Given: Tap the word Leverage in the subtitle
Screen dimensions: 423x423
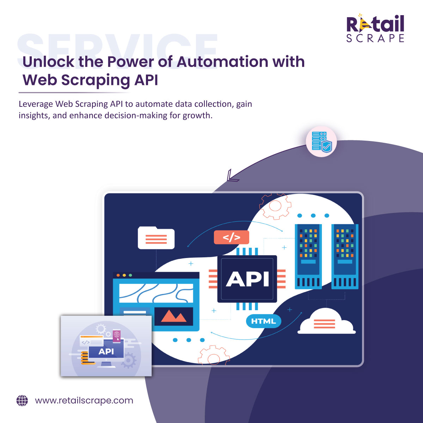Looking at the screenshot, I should click(36, 104).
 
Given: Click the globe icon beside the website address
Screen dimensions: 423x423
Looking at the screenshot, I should click(22, 401).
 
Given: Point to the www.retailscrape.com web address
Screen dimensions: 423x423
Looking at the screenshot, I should click(84, 401).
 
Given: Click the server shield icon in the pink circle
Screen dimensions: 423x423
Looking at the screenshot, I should click(321, 142).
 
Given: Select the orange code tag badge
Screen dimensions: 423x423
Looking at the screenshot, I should click(231, 237).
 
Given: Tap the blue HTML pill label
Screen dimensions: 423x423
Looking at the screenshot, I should click(263, 321).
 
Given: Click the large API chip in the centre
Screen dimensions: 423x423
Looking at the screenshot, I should click(247, 279).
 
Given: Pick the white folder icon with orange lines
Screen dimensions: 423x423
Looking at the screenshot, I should click(156, 238).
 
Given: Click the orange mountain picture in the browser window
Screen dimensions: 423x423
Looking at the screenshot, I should click(173, 316).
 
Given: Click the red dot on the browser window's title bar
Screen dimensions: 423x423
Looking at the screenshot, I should click(118, 275).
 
